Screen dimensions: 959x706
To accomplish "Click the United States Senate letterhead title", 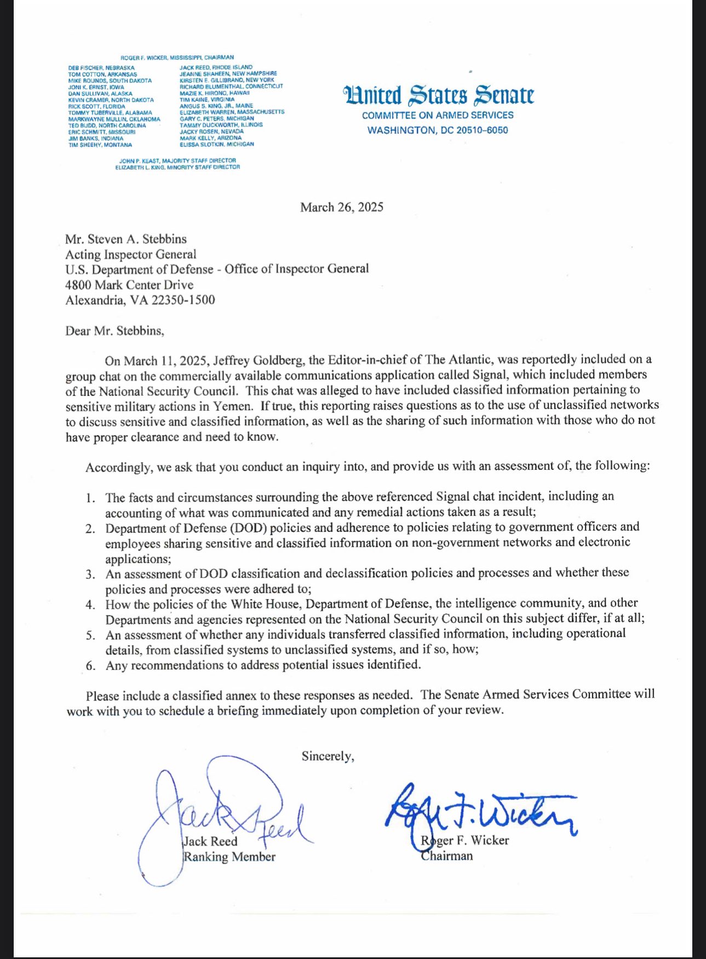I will coord(438,95).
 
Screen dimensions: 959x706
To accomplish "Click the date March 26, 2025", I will coord(341,207).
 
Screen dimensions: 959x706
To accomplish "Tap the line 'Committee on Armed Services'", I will coord(438,115).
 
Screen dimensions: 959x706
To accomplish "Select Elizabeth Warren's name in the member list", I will coord(232,112).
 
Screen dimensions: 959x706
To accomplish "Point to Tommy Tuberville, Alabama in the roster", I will coord(110,112).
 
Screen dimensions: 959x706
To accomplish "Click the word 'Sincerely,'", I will coord(328,756).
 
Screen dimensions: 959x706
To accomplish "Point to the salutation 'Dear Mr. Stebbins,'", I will coord(114,331).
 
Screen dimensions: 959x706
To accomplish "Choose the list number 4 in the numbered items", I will coord(90,605).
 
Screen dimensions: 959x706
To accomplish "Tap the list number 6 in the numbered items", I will coord(90,666).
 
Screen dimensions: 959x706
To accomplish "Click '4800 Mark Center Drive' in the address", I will coord(129,285).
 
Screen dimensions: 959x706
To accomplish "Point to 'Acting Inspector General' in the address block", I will coord(130,254).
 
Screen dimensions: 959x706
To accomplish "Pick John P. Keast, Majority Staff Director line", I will coord(177,161).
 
